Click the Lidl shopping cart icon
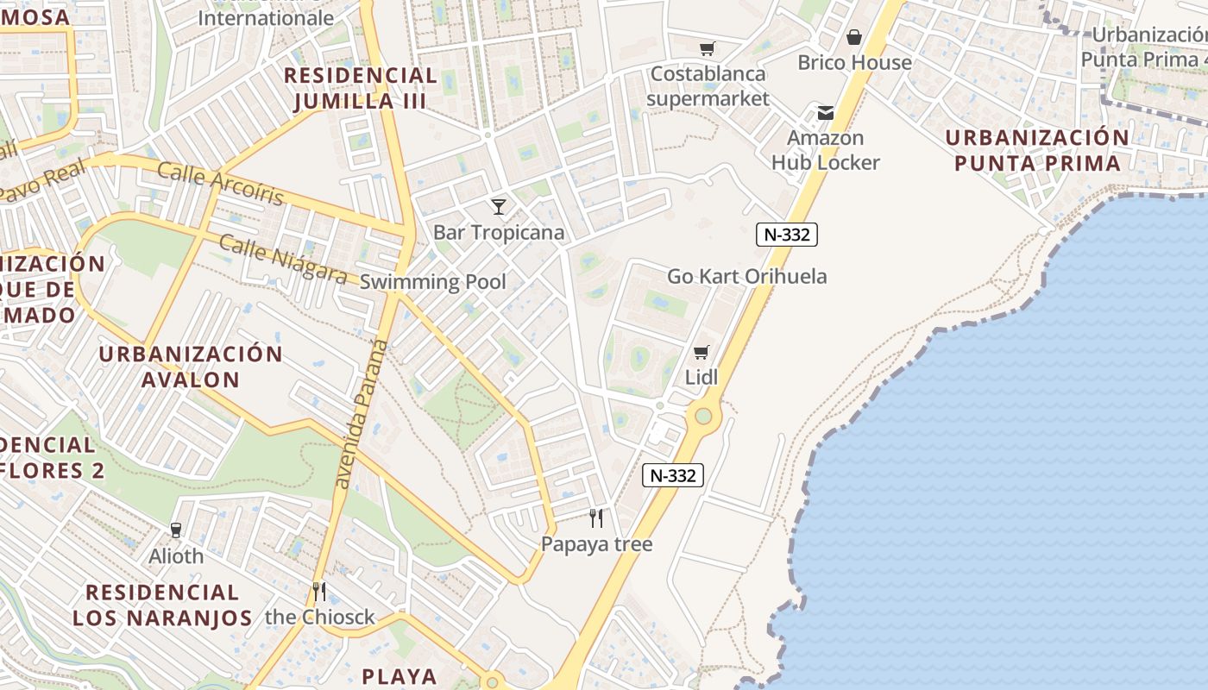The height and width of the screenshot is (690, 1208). pos(702,352)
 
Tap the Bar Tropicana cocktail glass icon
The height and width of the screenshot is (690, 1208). pos(499,206)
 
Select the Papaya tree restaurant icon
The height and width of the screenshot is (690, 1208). pos(595,517)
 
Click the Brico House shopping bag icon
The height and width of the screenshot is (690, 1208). pos(854,37)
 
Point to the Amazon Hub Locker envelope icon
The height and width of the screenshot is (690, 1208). pos(826,112)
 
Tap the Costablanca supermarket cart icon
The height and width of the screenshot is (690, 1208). pos(708,48)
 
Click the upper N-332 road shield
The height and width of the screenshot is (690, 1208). pos(786,234)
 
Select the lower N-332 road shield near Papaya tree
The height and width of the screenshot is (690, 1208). pos(673,475)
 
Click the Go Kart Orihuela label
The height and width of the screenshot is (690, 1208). pos(746,277)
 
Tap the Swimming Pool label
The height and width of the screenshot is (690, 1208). pos(432,282)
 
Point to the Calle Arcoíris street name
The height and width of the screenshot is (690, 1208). pos(220,184)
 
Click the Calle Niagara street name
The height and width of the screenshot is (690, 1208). pos(282,258)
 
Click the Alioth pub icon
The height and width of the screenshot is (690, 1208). pos(177,530)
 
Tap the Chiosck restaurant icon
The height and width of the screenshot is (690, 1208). pos(319,591)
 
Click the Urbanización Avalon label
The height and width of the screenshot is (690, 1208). pos(191,367)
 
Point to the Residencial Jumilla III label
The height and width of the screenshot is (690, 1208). pos(361,88)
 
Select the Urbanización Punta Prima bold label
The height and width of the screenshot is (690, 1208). pos(1036,150)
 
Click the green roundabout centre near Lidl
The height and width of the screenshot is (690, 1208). pos(703,417)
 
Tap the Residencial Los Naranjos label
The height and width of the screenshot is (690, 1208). pos(162,605)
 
